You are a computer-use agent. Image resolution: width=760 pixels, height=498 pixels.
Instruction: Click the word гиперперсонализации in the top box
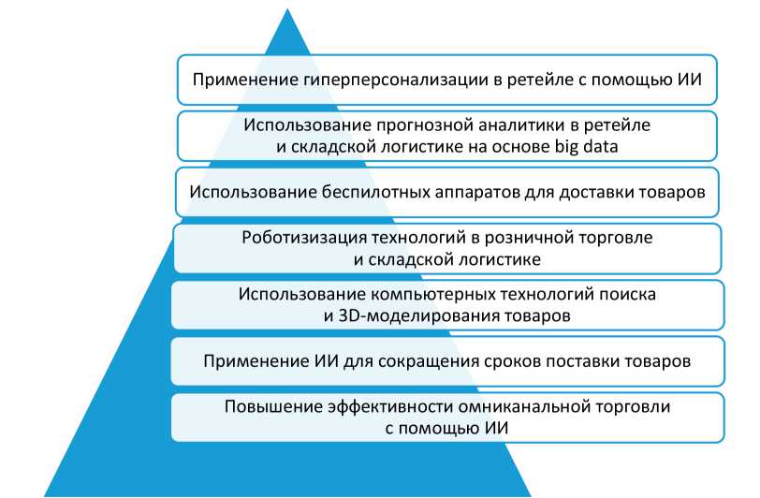397,80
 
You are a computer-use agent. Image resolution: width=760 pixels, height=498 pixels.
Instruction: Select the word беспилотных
376,192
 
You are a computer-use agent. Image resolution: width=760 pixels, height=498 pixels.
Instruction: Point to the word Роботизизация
304,238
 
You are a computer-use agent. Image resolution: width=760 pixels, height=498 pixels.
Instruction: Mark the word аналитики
521,125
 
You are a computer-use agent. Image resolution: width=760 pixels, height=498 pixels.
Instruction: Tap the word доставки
594,192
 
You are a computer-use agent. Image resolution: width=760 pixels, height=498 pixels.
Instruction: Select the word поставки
586,361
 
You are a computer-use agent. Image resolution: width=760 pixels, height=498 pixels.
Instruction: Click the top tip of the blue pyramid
287,9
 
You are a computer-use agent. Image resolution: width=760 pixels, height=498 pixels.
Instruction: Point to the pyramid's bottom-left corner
45,495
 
